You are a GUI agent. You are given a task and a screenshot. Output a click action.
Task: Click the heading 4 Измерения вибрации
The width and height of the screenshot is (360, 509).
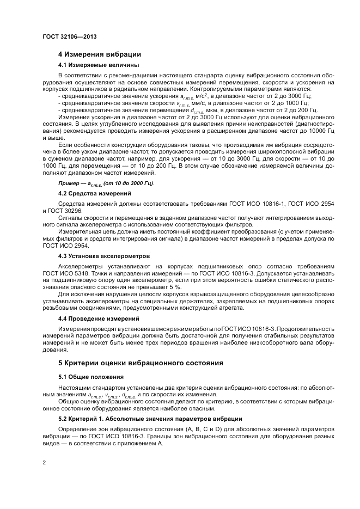pos(100,54)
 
